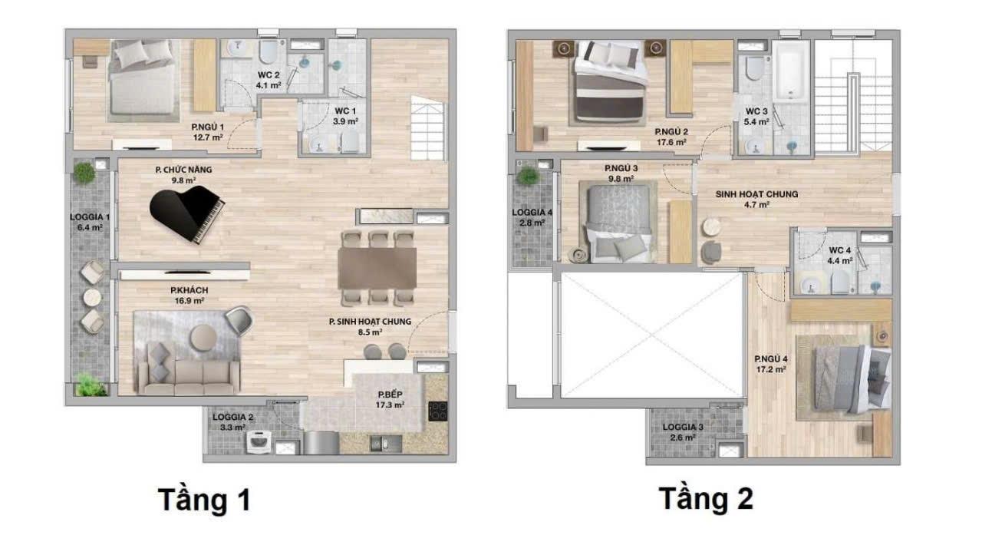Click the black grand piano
click(186, 213)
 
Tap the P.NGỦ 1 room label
click(207, 127)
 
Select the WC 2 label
click(269, 75)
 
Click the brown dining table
click(377, 268)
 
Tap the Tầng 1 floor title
click(204, 500)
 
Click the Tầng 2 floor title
click(706, 499)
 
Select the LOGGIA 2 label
click(232, 417)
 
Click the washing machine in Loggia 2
click(259, 442)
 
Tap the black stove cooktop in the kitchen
click(437, 411)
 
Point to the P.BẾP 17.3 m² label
click(390, 400)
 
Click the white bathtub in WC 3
click(790, 72)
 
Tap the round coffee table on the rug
click(203, 338)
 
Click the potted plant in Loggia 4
click(528, 176)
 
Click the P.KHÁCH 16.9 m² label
click(189, 296)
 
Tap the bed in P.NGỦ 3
click(618, 224)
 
